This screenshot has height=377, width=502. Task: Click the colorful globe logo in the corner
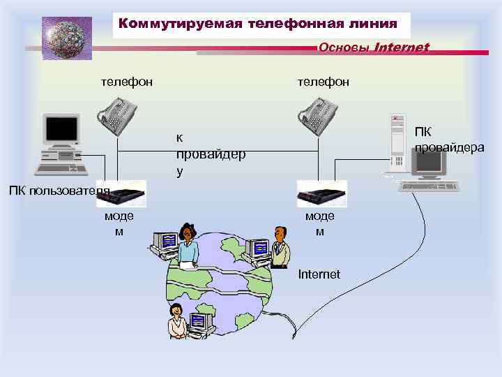(x=66, y=38)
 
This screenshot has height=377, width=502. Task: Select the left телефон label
(x=127, y=82)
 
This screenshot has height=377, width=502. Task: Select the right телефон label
(x=324, y=82)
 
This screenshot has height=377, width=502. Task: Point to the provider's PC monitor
(x=431, y=163)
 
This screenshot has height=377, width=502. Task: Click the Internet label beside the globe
(x=319, y=274)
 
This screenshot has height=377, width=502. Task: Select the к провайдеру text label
(x=210, y=154)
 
